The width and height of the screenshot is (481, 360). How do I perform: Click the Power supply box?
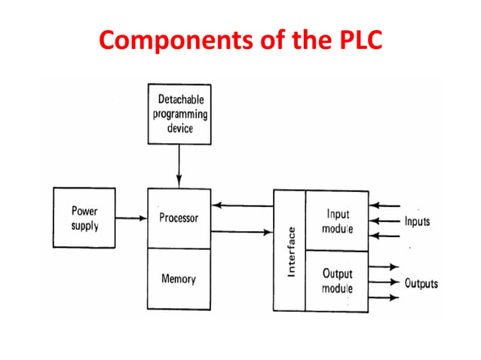[x=84, y=218]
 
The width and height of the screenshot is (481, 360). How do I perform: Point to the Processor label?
[x=179, y=218]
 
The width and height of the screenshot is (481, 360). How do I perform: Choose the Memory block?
[x=179, y=279]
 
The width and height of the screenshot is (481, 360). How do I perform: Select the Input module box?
[x=337, y=221]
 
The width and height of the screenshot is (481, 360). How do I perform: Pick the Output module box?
[x=337, y=280]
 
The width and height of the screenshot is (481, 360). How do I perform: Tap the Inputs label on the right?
[x=417, y=221]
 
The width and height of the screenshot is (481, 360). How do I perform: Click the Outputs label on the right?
[x=421, y=284]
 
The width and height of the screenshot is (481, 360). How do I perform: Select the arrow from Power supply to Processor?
[x=131, y=218]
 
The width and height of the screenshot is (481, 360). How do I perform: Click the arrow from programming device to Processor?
[x=179, y=166]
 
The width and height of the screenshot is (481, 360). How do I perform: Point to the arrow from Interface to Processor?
[x=243, y=204]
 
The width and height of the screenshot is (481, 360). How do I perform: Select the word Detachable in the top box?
[x=179, y=99]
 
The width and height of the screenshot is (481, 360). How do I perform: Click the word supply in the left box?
[x=84, y=226]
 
